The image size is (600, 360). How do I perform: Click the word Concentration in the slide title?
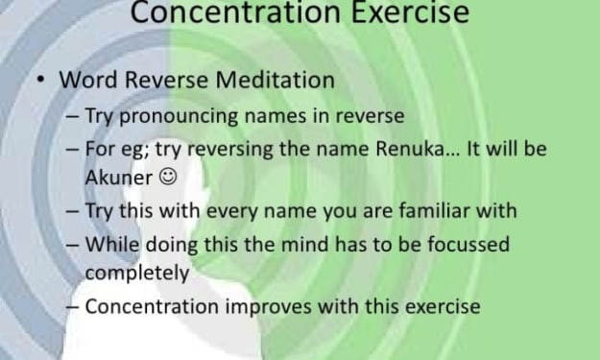point(235,12)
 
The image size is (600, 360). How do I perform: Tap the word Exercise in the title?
point(410,12)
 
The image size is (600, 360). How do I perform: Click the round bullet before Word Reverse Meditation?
point(40,81)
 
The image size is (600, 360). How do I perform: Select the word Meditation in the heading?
point(276,80)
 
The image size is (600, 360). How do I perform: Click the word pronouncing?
point(179,116)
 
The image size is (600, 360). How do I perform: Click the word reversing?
point(230,150)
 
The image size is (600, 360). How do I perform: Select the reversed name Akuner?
point(119,178)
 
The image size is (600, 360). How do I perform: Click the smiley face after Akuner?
point(168,177)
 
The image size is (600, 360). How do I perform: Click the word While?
point(111,245)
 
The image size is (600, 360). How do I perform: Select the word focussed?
point(468,245)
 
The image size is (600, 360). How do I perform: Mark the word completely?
point(137,274)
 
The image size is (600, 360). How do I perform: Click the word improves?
point(268,307)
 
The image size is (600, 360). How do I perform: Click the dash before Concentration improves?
point(73,307)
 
